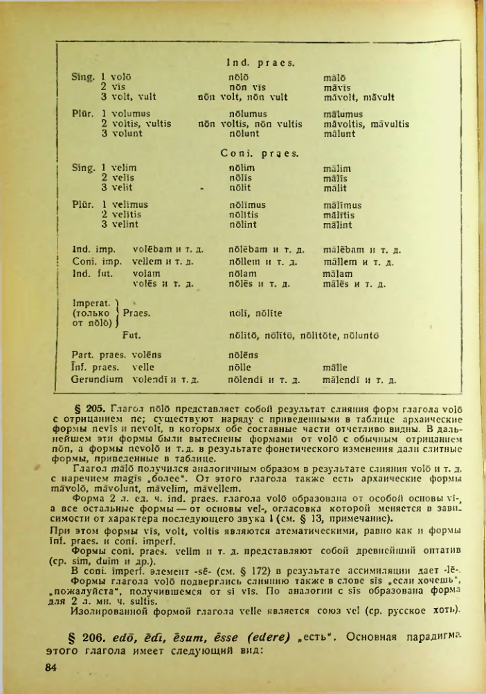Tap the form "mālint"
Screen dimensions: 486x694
(337, 224)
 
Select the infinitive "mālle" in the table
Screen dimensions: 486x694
(335, 367)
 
